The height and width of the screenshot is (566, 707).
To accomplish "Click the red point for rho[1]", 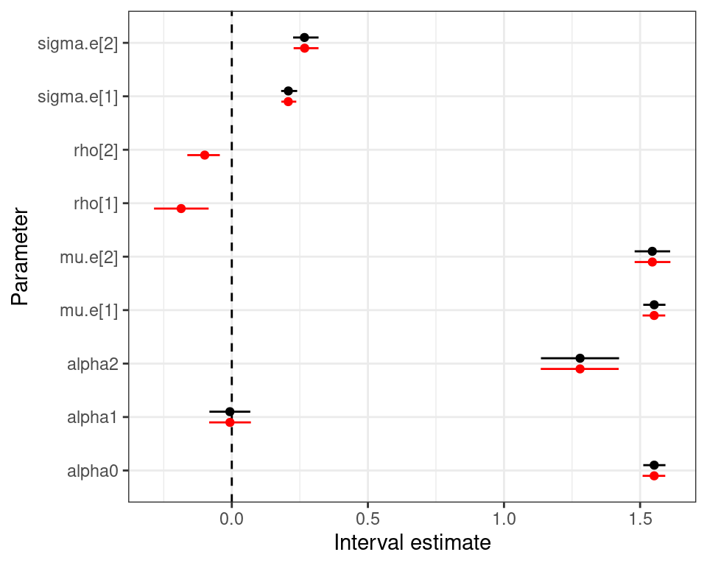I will [181, 209].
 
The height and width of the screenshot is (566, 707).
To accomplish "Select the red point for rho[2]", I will [205, 155].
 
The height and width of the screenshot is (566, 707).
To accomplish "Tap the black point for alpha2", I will [580, 358].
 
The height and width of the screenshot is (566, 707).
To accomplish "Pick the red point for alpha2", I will [580, 368].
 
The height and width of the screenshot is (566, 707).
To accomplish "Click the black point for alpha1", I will [230, 411].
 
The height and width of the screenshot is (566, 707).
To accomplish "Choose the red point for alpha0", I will [654, 476].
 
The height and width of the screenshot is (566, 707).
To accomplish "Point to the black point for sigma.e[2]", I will [304, 37].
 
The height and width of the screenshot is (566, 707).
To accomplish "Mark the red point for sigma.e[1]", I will [288, 101].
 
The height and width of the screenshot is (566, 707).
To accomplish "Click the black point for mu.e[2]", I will [652, 251].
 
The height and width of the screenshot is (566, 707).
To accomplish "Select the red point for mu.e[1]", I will [654, 315].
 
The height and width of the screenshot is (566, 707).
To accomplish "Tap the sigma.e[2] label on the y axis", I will [82, 43].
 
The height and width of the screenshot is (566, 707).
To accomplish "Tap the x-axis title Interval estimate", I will [412, 544].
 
